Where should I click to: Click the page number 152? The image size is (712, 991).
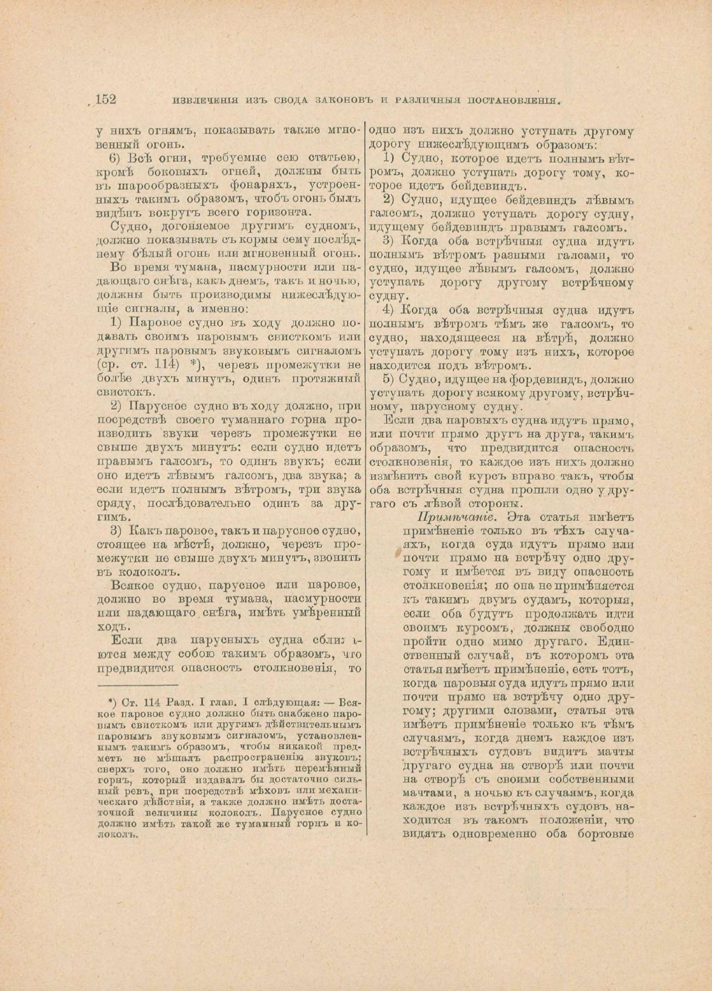coord(106,100)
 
